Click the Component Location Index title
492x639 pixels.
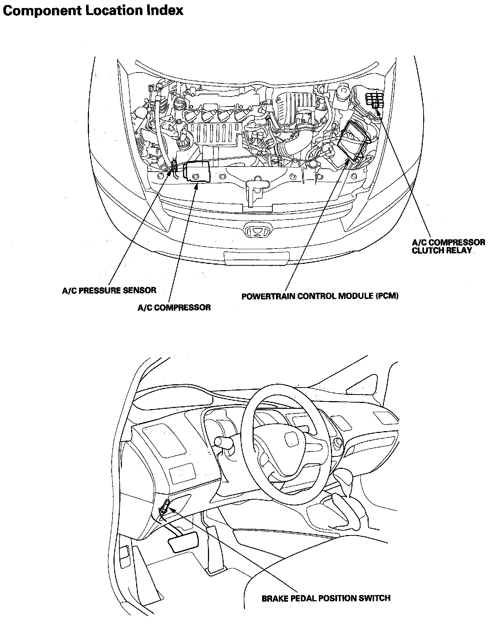point(93,10)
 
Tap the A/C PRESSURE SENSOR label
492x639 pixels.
point(109,290)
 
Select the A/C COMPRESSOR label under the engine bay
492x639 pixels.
point(174,307)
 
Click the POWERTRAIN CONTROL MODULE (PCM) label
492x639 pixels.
point(320,296)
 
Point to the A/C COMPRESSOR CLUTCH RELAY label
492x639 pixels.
point(448,246)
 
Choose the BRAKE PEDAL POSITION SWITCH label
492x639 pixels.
point(326,598)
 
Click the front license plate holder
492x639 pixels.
point(256,257)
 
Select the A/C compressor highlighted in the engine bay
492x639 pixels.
point(198,171)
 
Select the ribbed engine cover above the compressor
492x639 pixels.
point(214,133)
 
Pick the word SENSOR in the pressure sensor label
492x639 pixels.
point(142,290)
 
